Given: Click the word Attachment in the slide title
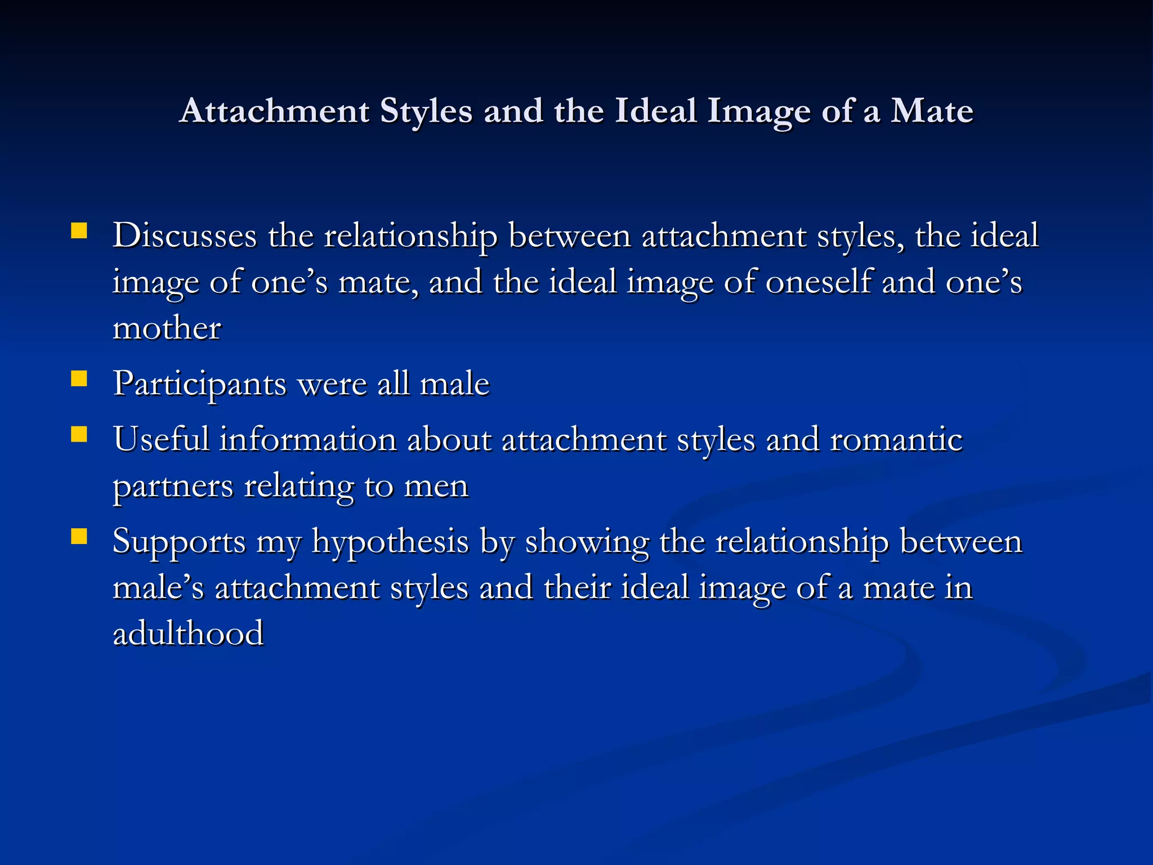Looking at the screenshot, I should click(275, 110).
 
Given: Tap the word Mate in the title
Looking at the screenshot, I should click(932, 110).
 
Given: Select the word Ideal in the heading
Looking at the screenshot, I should click(655, 110).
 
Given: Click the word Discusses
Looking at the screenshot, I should click(185, 235).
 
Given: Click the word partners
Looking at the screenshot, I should click(173, 486).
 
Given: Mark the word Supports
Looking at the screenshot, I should click(179, 542).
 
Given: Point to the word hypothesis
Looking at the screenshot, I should click(390, 542).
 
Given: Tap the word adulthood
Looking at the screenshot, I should click(188, 634).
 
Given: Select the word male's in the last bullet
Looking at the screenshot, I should click(158, 588).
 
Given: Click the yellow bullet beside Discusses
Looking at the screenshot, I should click(79, 231).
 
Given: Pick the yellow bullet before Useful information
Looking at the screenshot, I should click(79, 434).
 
